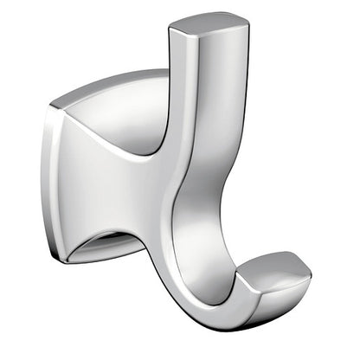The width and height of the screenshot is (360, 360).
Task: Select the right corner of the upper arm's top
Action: (x=223, y=21)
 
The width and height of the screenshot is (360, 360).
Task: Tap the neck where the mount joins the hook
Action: (x=160, y=186)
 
